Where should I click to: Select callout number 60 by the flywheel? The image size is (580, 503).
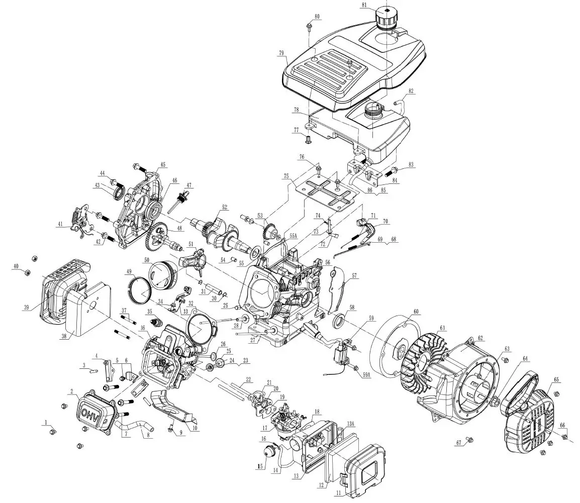(416, 312)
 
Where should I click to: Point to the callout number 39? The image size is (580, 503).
(25, 308)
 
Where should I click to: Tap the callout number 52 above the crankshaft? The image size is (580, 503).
(225, 207)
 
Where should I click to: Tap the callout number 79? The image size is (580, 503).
(281, 52)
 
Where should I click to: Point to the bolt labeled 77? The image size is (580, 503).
(309, 137)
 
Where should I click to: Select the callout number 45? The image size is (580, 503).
(163, 164)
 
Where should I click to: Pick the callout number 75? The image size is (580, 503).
(286, 176)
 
